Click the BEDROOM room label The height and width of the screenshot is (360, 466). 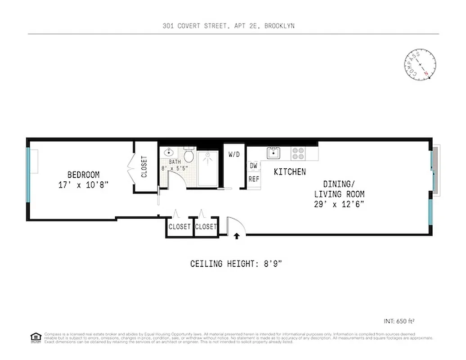pos(83,175)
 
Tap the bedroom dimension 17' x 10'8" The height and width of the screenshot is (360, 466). pos(83,184)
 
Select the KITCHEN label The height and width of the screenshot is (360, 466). pos(290,172)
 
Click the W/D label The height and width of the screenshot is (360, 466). pos(234,155)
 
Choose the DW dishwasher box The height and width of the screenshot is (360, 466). pos(254,166)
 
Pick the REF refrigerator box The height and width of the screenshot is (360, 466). pos(254,179)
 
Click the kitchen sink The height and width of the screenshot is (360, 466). pos(273,153)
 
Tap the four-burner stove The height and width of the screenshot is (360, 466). pos(297,153)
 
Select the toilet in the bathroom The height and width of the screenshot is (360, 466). pos(189,156)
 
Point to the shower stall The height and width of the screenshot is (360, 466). pos(208,169)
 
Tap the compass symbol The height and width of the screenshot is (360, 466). pos(420,66)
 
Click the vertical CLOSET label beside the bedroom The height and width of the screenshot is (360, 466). pos(144,166)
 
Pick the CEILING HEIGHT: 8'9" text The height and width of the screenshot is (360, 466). pos(236,263)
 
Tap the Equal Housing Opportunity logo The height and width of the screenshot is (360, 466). pos(35,336)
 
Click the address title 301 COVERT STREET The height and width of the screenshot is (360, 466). pos(229,26)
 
